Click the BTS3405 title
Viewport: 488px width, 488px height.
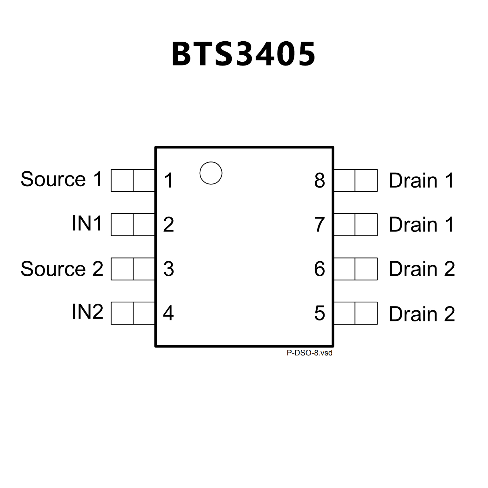coord(244,54)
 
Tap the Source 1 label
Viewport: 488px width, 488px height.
coord(62,179)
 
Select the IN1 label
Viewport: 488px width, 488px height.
coord(87,223)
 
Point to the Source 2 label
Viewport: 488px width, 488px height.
coord(62,269)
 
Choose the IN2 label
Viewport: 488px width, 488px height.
coord(87,312)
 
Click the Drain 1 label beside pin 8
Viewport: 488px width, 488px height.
coord(421,181)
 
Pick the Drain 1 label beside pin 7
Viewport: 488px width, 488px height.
coord(421,225)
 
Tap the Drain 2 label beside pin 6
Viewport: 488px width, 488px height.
coord(422,269)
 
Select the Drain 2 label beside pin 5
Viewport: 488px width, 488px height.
coord(422,314)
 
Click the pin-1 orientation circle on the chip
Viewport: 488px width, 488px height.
coord(211,173)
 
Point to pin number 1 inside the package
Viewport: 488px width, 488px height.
coord(168,181)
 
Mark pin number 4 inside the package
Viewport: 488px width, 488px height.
coord(168,313)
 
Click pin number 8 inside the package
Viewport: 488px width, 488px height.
coord(320,181)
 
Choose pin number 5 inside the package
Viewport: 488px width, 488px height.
coord(320,313)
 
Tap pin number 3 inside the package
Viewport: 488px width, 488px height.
coord(168,269)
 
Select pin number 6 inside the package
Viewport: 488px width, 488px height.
coord(320,269)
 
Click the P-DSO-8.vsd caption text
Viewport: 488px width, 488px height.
coord(309,353)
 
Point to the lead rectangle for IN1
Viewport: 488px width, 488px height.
coord(133,225)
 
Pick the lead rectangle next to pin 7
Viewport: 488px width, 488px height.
coord(355,225)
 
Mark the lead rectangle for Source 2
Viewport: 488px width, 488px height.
coord(133,269)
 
